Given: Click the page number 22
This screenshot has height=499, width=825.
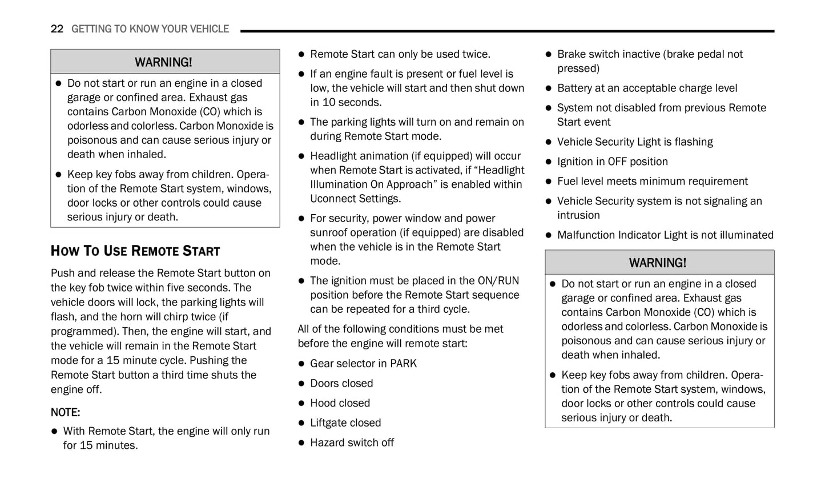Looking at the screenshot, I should pos(57,29).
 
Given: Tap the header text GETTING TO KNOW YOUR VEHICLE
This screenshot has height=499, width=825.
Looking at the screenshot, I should pos(150,29).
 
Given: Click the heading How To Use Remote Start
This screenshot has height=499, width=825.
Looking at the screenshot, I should pos(135,251).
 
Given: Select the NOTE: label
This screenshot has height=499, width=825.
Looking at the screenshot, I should pos(65,412).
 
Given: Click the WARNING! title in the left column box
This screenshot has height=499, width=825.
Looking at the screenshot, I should pos(163,62).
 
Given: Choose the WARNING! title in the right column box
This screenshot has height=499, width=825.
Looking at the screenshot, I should pos(658,263).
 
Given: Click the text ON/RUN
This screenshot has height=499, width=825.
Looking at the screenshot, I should pos(498,281).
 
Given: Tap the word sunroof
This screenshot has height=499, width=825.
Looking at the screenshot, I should pos(328,233).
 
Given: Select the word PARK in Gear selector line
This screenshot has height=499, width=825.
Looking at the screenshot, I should pos(403,364).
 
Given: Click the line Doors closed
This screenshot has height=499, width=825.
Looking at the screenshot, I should pos(341,384).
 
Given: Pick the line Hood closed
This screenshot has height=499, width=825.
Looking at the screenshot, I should pos(340,403).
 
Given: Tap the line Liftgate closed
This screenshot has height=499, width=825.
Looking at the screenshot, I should pos(345,423).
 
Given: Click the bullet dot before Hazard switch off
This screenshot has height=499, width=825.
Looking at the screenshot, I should pos(301,443).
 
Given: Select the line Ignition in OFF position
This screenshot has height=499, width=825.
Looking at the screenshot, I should pos(612,162).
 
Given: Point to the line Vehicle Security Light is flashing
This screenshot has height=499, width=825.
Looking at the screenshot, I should pos(635,142).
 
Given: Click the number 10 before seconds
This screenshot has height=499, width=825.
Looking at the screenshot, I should pos(329,103).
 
